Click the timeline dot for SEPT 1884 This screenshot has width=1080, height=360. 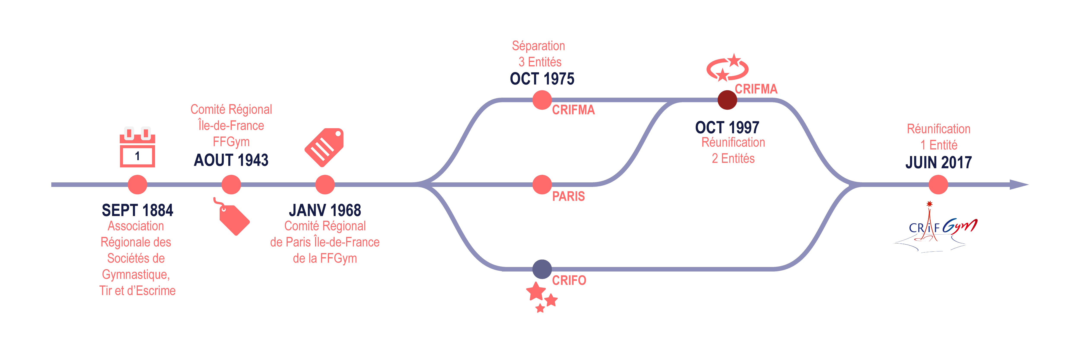point(138,184)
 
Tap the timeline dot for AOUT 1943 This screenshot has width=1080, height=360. point(231,184)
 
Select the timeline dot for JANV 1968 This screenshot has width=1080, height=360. point(325,184)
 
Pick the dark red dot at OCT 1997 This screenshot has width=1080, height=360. point(727,100)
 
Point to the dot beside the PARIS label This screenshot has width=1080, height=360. point(542,184)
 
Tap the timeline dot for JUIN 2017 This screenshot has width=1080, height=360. point(938,184)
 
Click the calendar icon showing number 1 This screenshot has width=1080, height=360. point(138,148)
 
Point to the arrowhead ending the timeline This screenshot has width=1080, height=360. point(1019,184)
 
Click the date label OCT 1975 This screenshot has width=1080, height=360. point(542,79)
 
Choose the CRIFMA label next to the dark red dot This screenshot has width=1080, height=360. point(756,89)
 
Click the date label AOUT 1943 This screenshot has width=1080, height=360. point(231,160)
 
